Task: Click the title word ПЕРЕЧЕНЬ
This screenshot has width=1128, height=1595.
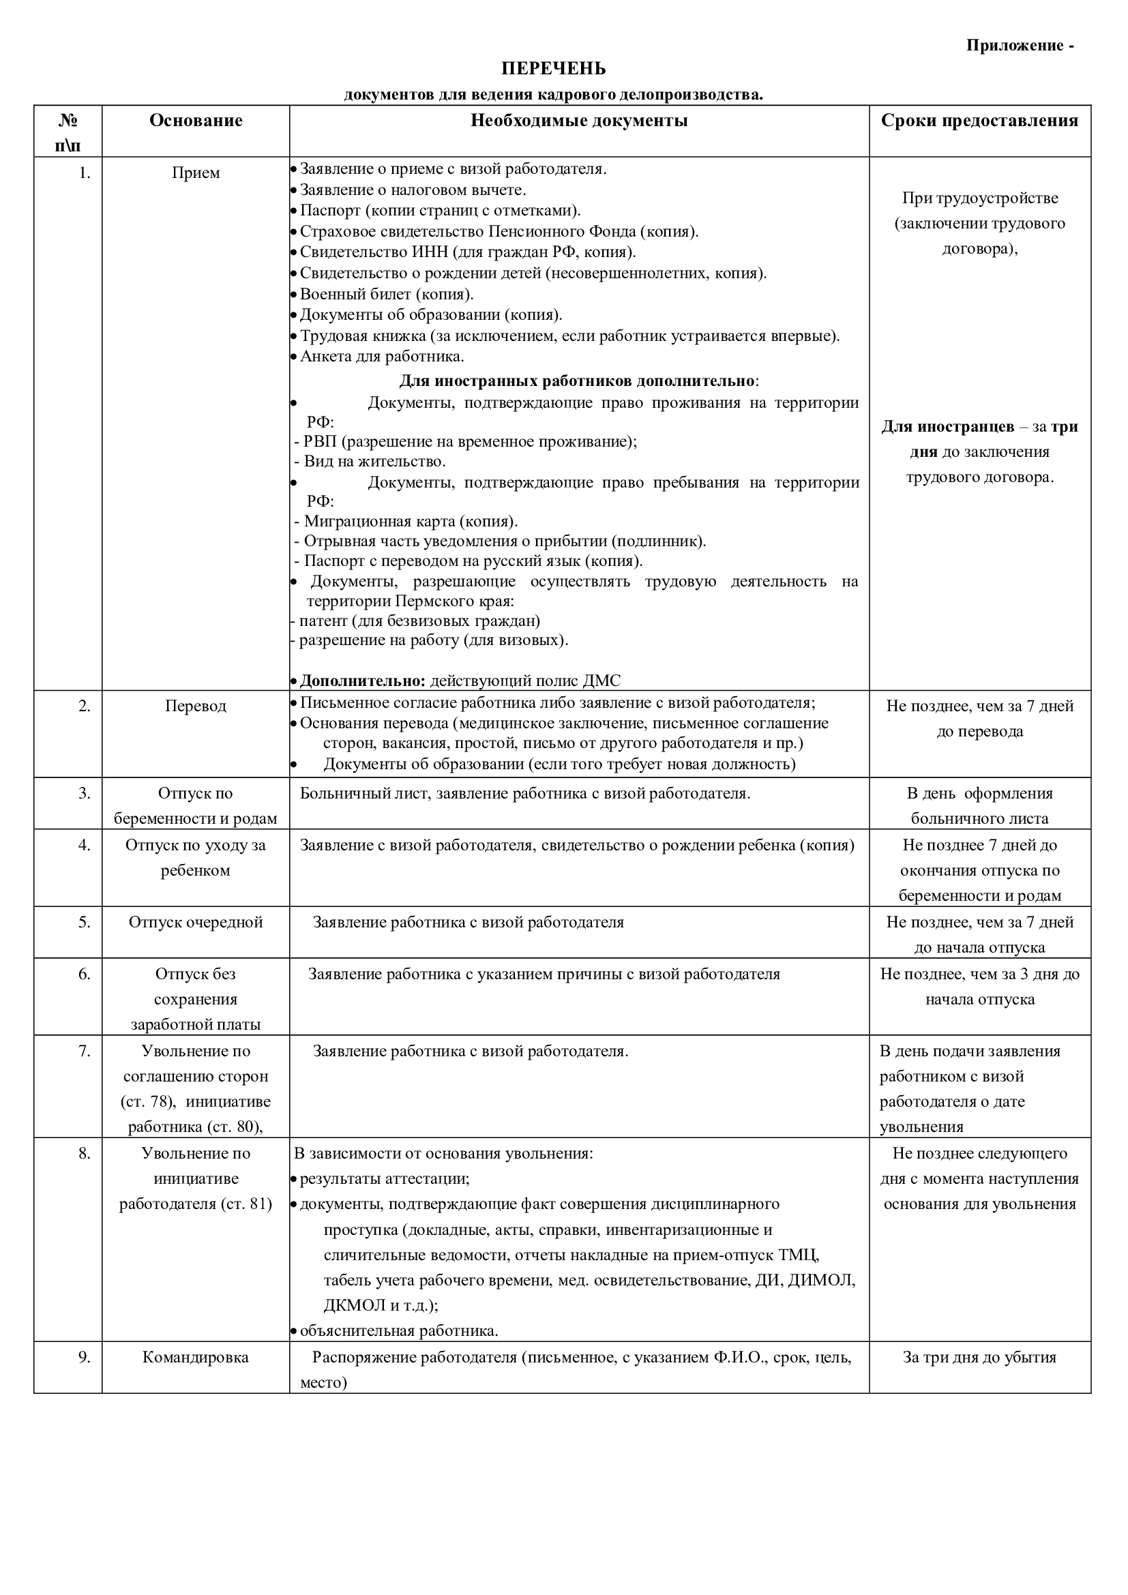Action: (x=554, y=69)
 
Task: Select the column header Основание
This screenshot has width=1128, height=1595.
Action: (x=196, y=121)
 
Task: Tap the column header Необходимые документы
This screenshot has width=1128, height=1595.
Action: (x=579, y=121)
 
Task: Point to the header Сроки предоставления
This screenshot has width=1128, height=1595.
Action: (x=979, y=121)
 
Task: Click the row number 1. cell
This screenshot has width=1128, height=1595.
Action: (x=84, y=173)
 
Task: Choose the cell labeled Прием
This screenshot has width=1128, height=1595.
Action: (x=196, y=173)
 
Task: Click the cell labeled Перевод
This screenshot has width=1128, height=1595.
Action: (x=196, y=706)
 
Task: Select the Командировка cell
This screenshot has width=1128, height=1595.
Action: (x=196, y=1358)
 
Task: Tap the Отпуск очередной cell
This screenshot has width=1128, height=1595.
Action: (x=196, y=923)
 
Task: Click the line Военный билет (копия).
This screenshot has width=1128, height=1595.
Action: (x=386, y=294)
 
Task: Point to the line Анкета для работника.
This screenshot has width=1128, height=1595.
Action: (x=381, y=357)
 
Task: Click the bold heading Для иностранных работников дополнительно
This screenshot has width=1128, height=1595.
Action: (x=578, y=381)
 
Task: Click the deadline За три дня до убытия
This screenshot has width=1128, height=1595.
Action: (x=979, y=1358)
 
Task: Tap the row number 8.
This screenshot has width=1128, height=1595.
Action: (x=84, y=1153)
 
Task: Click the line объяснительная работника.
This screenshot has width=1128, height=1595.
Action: (x=399, y=1331)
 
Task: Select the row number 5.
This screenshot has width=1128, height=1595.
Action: (x=84, y=923)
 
